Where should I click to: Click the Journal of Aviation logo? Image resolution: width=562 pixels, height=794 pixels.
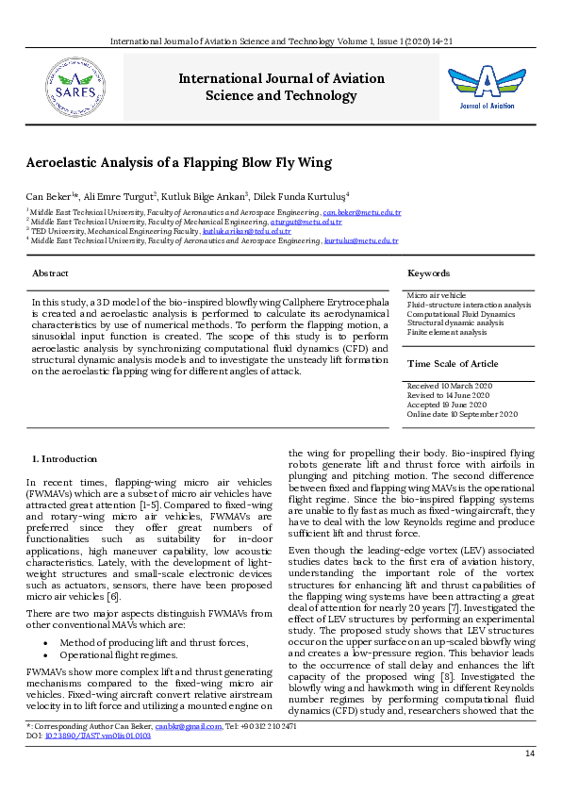487,86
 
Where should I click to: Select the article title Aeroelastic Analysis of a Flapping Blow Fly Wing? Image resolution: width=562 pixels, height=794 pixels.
178,162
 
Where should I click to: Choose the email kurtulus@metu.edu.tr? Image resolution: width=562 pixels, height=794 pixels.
361,240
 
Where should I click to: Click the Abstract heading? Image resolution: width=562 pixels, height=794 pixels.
50,273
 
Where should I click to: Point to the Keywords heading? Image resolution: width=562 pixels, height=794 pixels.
428,273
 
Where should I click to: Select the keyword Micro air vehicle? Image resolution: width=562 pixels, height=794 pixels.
436,296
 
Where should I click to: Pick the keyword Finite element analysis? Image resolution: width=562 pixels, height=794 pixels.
447,332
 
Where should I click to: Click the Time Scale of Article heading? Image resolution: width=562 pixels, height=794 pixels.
453,363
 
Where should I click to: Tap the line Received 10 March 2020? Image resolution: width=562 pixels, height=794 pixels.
449,387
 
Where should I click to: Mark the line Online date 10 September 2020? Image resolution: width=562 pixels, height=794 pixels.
462,414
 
